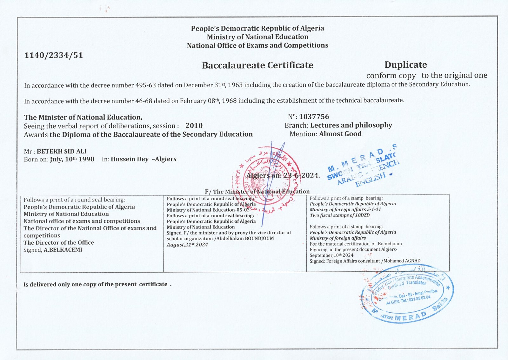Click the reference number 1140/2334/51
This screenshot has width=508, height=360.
pos(54,55)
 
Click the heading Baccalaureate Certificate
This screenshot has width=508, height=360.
pos(257,65)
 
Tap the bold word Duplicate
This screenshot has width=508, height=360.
pos(405,65)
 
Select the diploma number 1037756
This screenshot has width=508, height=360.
pos(314,117)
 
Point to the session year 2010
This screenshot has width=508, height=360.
pos(194,126)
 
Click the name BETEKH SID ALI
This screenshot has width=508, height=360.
pos(62,151)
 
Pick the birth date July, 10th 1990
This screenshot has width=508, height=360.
pos(72,159)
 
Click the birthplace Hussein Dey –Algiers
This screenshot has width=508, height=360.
pos(144,159)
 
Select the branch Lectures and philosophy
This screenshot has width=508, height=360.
pos(351,125)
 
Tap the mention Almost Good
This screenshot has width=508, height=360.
pos(340,134)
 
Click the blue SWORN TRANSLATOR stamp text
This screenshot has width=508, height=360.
pos(362,168)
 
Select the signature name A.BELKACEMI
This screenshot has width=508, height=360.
pos(63,250)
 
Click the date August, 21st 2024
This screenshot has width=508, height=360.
pos(187,244)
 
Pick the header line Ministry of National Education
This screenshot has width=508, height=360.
pos(257,37)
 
